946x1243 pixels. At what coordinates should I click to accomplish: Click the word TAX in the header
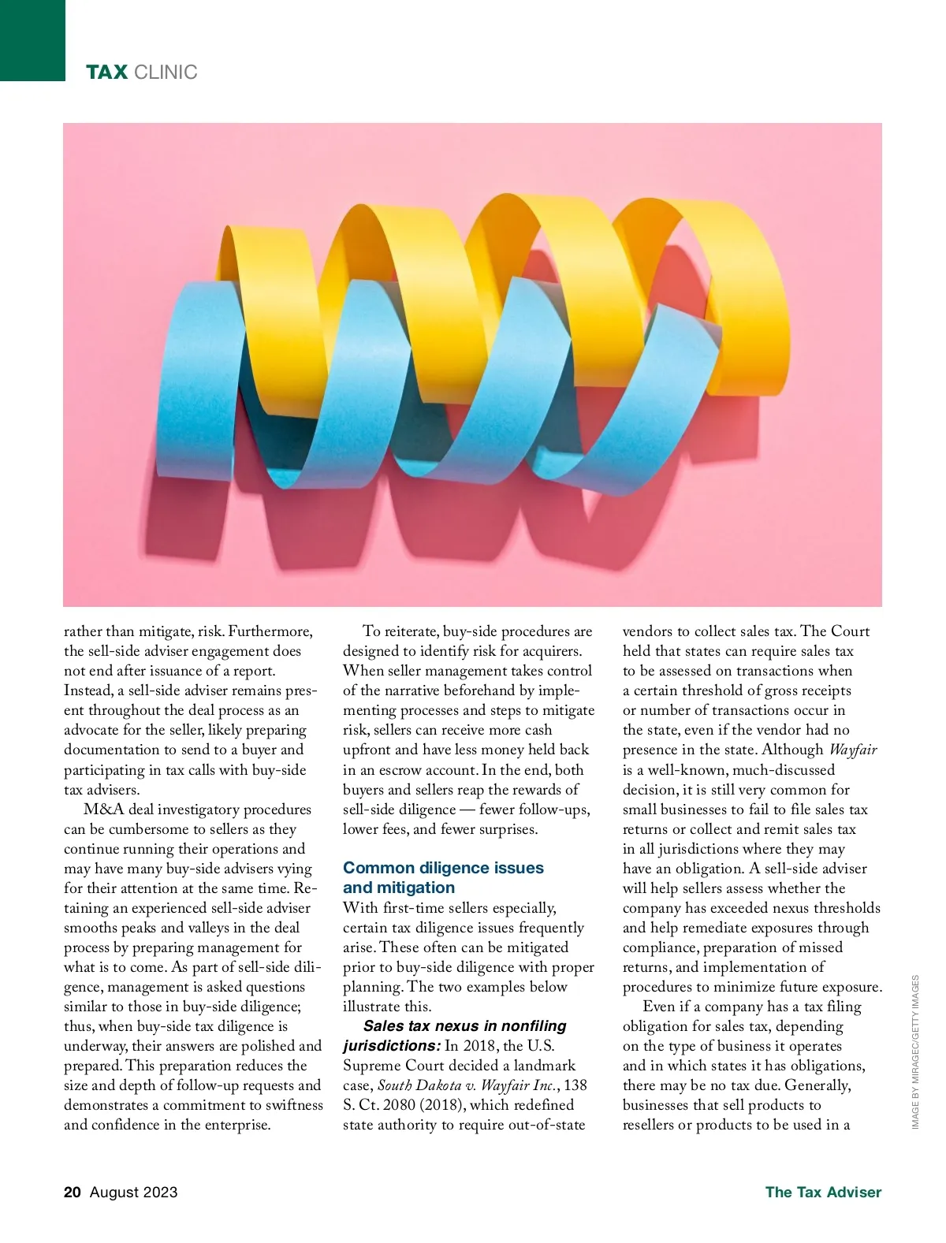point(106,73)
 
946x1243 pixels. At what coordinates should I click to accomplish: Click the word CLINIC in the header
point(166,73)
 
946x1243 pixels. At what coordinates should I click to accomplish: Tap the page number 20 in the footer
point(73,1192)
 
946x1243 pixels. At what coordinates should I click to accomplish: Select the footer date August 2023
point(134,1192)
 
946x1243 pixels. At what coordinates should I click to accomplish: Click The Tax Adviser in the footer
point(823,1192)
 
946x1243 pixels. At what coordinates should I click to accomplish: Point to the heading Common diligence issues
point(443,868)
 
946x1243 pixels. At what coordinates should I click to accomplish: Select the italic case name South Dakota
point(419,1085)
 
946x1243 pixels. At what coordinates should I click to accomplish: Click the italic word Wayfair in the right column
point(852,750)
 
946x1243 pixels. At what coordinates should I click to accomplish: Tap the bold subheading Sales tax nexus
point(464,1026)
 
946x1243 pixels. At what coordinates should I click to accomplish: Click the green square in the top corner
point(32,39)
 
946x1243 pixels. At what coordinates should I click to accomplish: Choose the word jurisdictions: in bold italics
point(391,1046)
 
